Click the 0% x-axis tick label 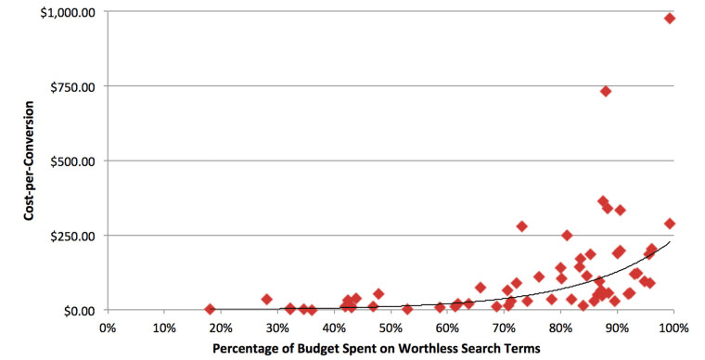[107, 328]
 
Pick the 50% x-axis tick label [391, 328]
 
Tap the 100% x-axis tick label [673, 328]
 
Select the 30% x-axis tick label [277, 328]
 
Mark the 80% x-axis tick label [560, 328]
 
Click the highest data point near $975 [670, 18]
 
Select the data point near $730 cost [606, 91]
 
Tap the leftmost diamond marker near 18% [210, 309]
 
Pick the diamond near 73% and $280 [521, 226]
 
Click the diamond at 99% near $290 [670, 224]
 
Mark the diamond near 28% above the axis [266, 300]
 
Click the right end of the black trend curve [670, 243]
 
